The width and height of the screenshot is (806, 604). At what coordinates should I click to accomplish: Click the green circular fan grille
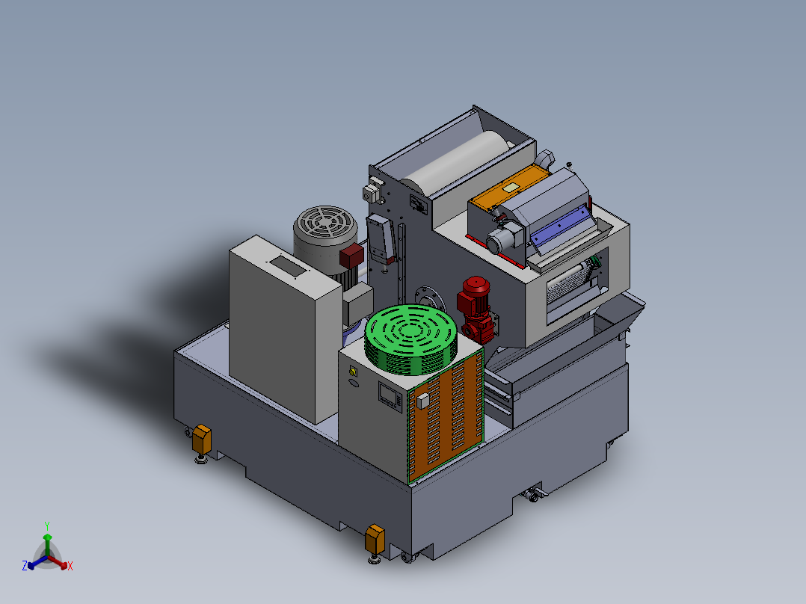click(410, 340)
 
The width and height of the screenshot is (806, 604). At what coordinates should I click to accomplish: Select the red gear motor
click(476, 309)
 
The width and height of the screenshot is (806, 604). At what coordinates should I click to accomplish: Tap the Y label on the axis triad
click(47, 526)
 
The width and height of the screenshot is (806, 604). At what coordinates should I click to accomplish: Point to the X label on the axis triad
click(70, 566)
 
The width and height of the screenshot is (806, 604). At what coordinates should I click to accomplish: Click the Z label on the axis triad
click(25, 566)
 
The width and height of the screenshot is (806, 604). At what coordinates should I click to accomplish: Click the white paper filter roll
click(457, 161)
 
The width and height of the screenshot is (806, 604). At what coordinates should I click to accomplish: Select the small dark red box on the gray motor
click(351, 256)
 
